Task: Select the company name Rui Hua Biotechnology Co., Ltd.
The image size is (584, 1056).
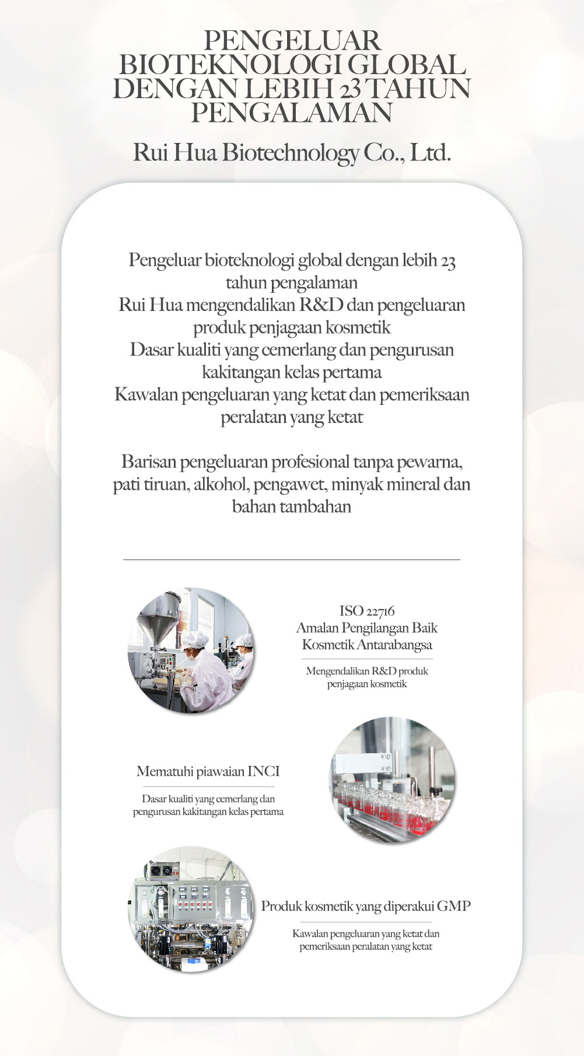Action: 292,152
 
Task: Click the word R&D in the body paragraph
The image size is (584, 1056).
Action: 321,305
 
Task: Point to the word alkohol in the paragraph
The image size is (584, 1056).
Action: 221,484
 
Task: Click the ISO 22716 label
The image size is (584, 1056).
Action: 367,611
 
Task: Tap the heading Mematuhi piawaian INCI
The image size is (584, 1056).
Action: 208,771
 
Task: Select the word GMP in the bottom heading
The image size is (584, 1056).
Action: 453,906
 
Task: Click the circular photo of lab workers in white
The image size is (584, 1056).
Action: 191,650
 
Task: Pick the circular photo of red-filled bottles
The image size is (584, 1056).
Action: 392,779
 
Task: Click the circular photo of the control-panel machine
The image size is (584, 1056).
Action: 191,909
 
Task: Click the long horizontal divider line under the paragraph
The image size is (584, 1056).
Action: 292,560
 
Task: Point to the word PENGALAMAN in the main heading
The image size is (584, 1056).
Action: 292,113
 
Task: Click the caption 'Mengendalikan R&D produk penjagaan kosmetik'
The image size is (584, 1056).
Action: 367,677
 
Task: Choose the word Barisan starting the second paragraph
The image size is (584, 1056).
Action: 149,462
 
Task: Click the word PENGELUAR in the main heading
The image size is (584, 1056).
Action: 292,41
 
